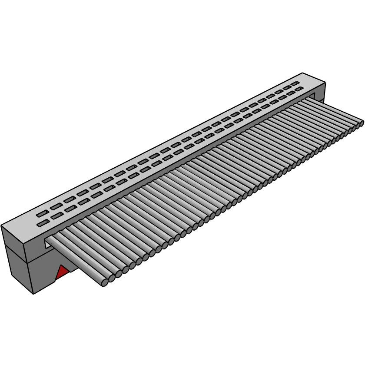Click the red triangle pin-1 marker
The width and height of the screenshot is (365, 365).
point(63,273)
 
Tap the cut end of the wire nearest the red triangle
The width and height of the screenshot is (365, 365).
point(105,283)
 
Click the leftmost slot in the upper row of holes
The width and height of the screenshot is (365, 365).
point(42,213)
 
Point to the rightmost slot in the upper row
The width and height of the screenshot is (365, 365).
point(295,83)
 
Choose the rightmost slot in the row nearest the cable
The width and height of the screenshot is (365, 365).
point(299,89)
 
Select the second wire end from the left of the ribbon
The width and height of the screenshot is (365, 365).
point(111,279)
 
